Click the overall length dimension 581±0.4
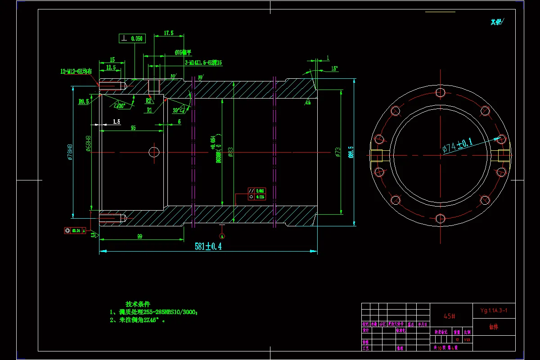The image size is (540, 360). click(x=208, y=246)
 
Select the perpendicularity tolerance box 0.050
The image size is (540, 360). click(x=132, y=39)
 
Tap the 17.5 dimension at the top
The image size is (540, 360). click(x=168, y=33)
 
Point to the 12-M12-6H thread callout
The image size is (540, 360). click(x=76, y=71)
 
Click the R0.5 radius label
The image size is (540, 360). click(x=83, y=102)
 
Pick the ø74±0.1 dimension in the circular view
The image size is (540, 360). click(x=458, y=146)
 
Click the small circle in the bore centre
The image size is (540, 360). click(x=154, y=152)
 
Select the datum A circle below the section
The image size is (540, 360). click(x=221, y=235)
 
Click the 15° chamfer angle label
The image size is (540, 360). click(x=334, y=68)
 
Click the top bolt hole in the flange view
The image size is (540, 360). click(x=440, y=92)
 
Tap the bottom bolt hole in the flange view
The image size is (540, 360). click(x=440, y=219)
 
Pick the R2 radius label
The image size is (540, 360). click(x=149, y=101)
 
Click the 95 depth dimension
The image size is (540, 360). click(x=133, y=128)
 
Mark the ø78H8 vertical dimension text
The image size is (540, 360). click(x=70, y=152)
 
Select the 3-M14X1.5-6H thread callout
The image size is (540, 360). click(x=203, y=63)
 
